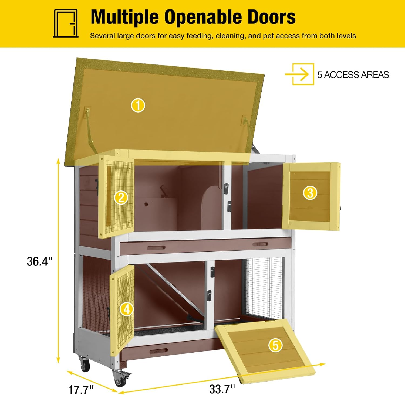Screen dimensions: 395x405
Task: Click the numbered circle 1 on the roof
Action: click(138, 105)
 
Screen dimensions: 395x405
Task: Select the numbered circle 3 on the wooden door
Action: click(310, 193)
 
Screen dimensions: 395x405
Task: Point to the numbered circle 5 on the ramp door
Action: click(275, 345)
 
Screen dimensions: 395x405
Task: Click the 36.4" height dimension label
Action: click(39, 261)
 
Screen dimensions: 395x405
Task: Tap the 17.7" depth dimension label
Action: click(81, 390)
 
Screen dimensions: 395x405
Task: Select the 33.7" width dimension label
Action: click(222, 389)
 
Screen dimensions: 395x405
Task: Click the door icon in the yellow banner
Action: click(66, 23)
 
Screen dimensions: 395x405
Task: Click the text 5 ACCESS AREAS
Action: click(353, 75)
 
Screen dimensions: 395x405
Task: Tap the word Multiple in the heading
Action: click(124, 17)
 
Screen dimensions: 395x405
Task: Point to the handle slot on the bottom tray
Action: click(158, 351)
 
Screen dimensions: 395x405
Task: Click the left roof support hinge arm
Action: click(90, 127)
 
